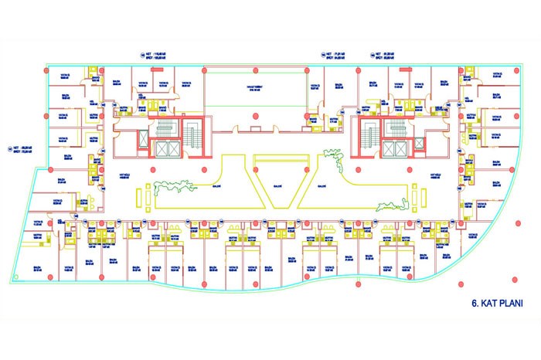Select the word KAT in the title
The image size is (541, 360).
490,303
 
